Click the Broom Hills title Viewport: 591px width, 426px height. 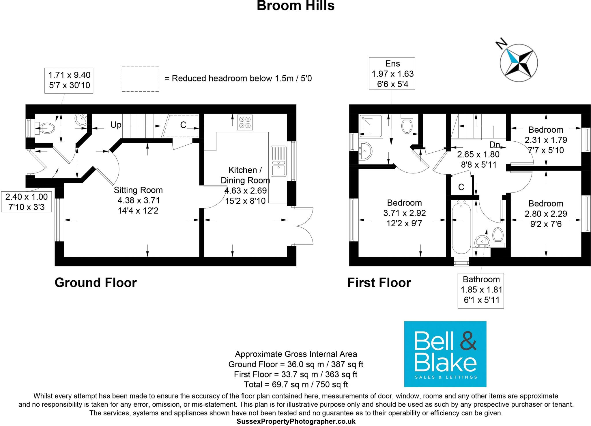[x=295, y=6]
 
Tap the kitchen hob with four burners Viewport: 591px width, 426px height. [x=245, y=123]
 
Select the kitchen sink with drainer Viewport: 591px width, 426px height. [x=278, y=161]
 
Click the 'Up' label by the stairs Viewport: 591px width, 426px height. [x=116, y=125]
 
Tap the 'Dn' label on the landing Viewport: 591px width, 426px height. [x=495, y=145]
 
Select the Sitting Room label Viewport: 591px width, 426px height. [x=138, y=190]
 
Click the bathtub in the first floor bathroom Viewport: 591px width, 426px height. [x=461, y=228]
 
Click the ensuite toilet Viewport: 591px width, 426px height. [x=407, y=124]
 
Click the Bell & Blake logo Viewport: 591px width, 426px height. [x=445, y=354]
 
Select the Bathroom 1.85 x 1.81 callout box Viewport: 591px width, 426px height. [x=481, y=290]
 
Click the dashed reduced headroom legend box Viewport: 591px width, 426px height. [x=140, y=79]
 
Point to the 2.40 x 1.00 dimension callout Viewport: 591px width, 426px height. [x=27, y=202]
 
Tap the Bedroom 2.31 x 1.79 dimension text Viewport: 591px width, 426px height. [x=545, y=140]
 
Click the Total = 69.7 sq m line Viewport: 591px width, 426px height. [x=295, y=384]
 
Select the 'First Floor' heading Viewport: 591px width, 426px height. [x=379, y=283]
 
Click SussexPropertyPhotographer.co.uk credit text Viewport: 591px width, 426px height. [x=295, y=421]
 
